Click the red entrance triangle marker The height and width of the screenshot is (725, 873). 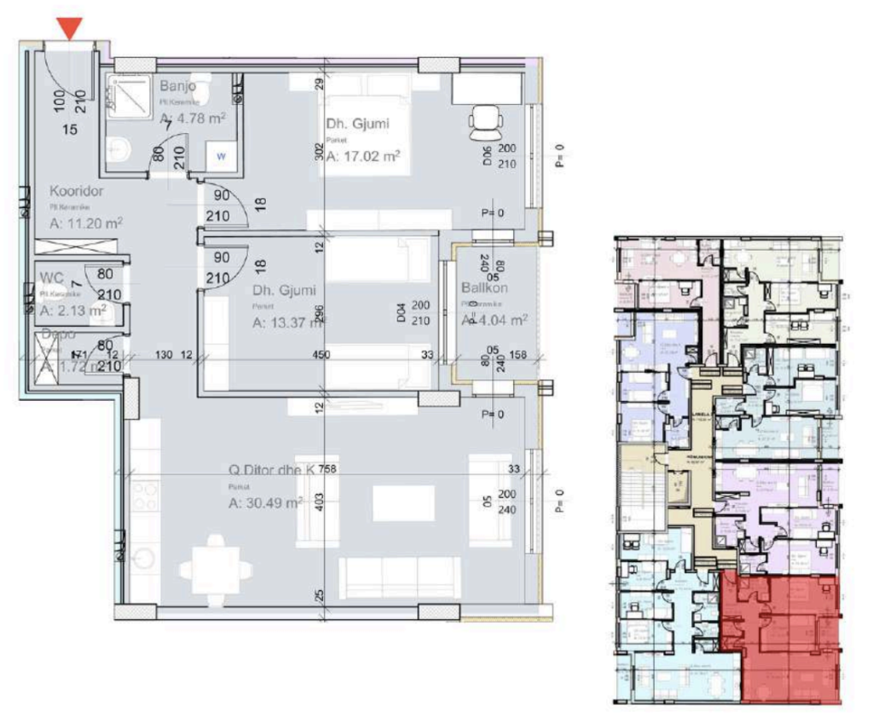coord(72,28)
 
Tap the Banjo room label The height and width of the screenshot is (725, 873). coord(177,86)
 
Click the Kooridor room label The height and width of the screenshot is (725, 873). coord(77,191)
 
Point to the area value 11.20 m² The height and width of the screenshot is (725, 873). coord(86,223)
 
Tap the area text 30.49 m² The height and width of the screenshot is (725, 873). coord(266,503)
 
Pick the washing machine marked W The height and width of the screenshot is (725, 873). coord(221,155)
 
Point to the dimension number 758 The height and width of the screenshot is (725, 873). coord(329,468)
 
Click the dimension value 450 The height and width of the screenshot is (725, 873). coord(321,355)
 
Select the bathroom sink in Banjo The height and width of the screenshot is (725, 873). coord(120,150)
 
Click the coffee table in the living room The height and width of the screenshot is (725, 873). coord(402,502)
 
